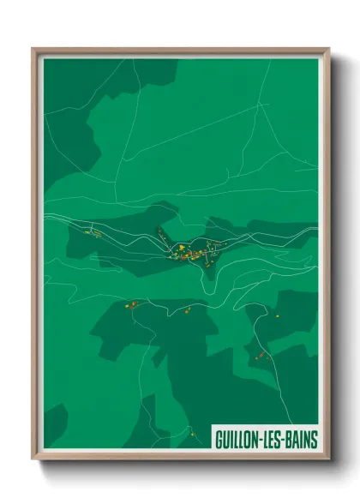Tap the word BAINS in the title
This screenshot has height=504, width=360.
point(300,439)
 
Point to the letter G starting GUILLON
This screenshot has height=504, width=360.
point(218,439)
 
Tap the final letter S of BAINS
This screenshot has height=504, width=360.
point(314,439)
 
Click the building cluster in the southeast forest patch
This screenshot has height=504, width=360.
point(258,352)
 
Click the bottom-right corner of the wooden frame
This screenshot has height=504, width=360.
point(327,459)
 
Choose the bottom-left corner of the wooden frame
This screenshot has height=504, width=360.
point(34,459)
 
